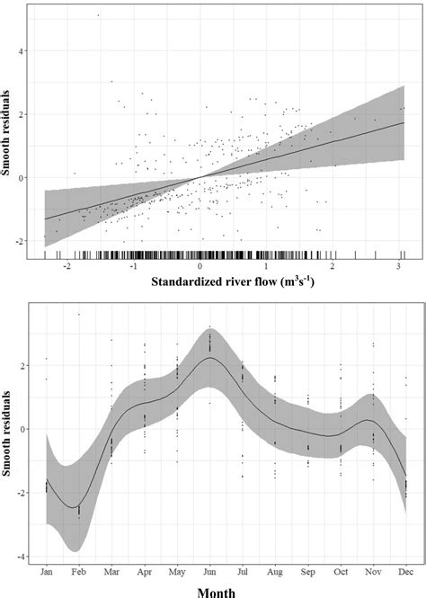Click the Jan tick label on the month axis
46,571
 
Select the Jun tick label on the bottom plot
209,571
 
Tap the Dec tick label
405,571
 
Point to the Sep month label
307,571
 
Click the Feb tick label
79,571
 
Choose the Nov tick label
373,571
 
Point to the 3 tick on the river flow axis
398,269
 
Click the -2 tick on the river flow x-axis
68,269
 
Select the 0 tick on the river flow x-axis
200,269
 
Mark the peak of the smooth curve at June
209,358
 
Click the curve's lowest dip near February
73,507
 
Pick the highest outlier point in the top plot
98,15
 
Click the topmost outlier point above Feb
79,314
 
